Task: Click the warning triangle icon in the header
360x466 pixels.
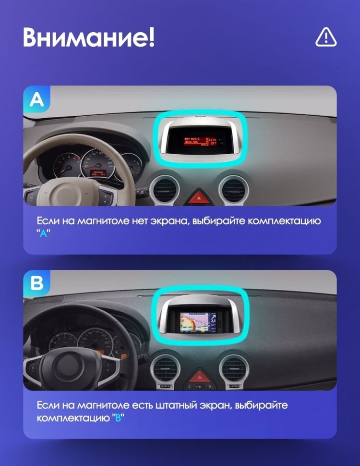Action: coord(326,37)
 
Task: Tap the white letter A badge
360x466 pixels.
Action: coord(36,99)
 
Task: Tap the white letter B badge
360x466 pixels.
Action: coord(36,283)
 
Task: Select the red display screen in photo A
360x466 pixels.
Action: coord(199,140)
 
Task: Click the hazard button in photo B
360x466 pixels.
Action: coord(198,376)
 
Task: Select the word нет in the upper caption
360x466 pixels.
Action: coord(141,221)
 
